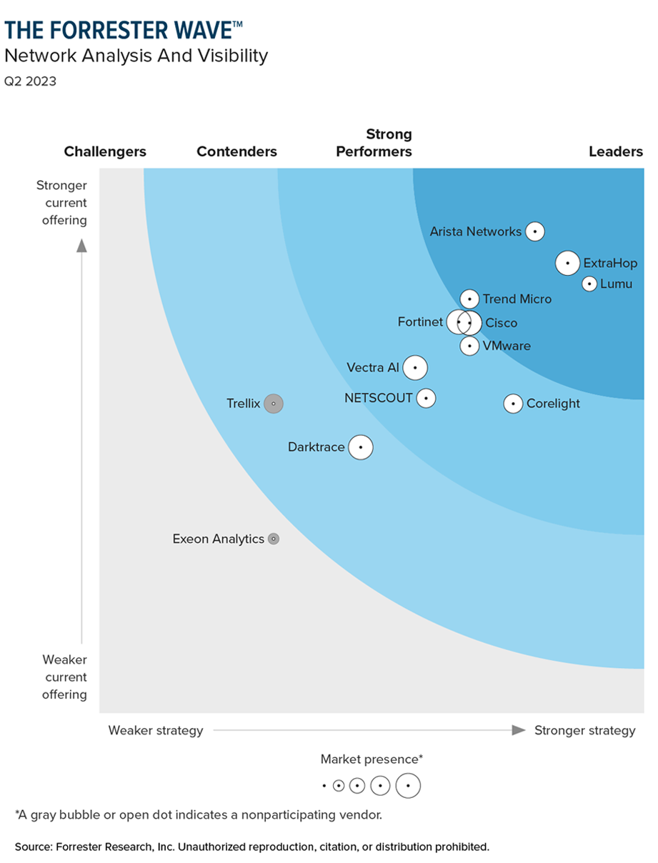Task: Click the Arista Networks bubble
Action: tap(534, 231)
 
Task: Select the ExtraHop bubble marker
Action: tap(567, 263)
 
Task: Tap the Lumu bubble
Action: tap(589, 284)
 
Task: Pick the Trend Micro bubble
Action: tap(469, 299)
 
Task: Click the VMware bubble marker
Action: tap(469, 346)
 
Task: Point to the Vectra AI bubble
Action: tap(414, 368)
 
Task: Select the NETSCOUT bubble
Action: tap(426, 398)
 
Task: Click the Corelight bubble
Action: tap(513, 404)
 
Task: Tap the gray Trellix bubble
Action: tap(273, 404)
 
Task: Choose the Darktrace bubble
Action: tap(361, 447)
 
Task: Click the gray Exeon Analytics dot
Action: tap(273, 539)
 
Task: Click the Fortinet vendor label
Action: tap(420, 322)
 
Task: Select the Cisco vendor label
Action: tap(502, 323)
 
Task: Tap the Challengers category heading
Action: tap(105, 151)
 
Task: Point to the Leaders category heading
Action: tap(616, 151)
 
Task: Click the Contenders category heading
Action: tap(236, 151)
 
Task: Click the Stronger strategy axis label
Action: tap(584, 730)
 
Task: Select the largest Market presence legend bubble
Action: tap(408, 785)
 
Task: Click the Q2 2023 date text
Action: tap(30, 81)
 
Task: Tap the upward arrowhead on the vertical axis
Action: tap(82, 246)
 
